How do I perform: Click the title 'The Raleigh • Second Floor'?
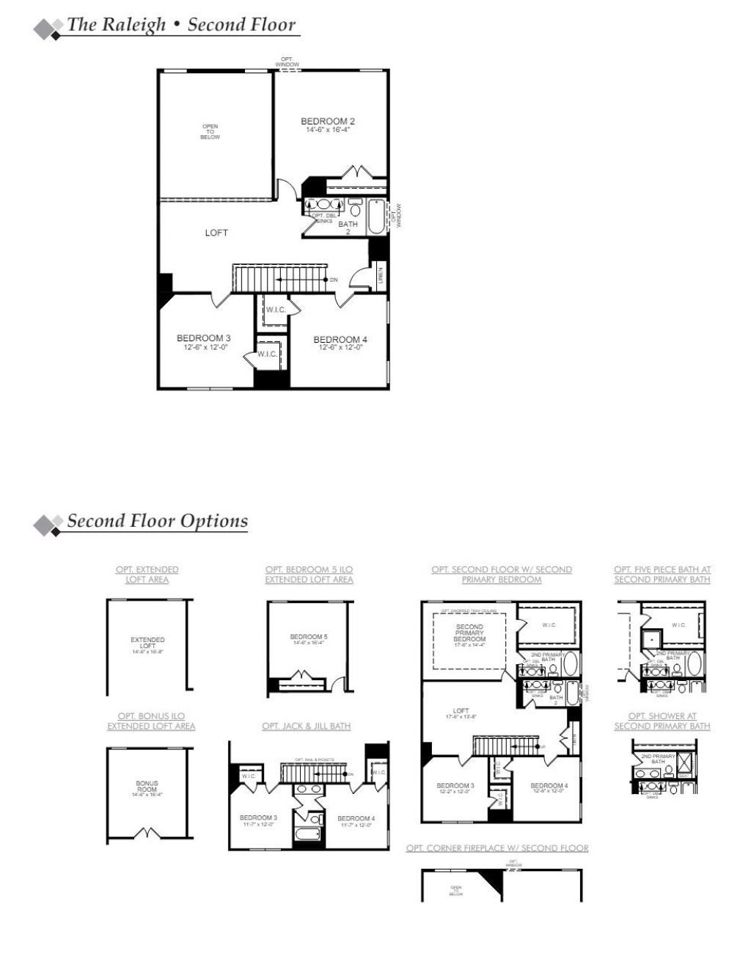(181, 24)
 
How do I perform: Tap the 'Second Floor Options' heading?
(157, 521)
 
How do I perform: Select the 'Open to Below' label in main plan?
(210, 131)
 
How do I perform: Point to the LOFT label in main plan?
(216, 233)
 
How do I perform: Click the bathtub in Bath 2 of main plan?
(377, 216)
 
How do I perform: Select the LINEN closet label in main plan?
(381, 277)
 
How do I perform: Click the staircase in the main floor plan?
(279, 279)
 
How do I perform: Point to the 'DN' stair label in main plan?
(334, 280)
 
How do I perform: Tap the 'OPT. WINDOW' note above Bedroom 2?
(287, 62)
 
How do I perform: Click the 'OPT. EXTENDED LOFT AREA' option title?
(147, 575)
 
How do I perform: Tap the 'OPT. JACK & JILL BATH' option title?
(306, 727)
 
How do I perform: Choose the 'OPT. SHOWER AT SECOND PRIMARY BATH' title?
(662, 721)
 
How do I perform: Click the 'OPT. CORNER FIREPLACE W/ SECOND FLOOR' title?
(497, 848)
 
